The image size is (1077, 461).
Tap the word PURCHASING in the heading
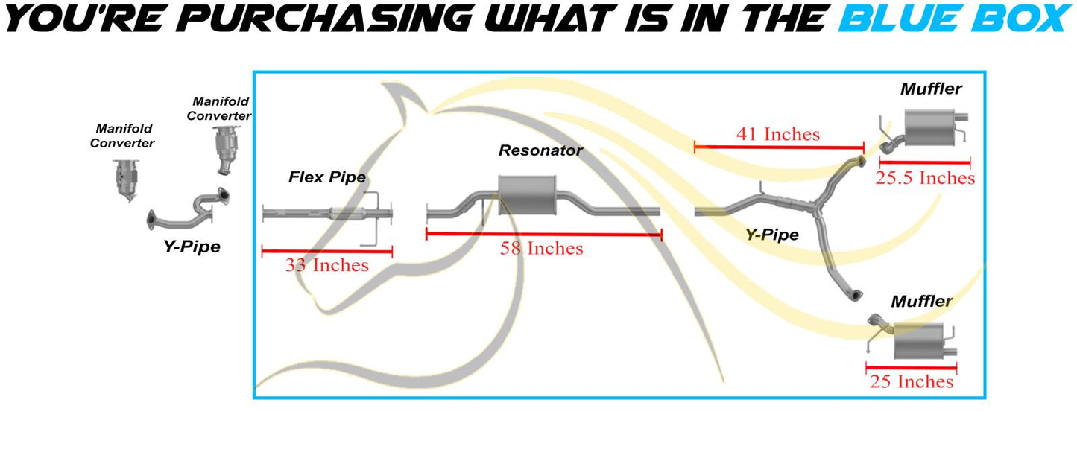coord(324,19)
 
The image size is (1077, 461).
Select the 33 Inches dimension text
coord(327,265)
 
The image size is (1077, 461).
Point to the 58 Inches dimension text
coord(541,248)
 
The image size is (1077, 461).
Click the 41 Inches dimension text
coord(778,134)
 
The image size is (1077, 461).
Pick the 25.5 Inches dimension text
coord(925,178)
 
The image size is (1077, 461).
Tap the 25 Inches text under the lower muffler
coord(912,382)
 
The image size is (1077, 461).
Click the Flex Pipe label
coord(327,177)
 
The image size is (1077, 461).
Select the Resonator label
coord(540,150)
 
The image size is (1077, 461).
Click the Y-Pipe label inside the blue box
coord(771,235)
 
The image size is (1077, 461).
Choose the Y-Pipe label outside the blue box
coord(192,247)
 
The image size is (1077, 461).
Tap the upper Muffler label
coord(931,89)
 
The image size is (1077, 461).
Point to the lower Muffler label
coord(922,302)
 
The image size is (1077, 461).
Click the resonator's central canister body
coord(527,195)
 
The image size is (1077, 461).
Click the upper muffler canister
coord(929,128)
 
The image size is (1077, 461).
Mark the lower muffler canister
coord(918,341)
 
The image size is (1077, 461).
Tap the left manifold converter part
coord(126,180)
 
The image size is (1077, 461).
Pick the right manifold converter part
coord(226,150)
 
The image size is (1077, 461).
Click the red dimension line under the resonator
coord(544,235)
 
